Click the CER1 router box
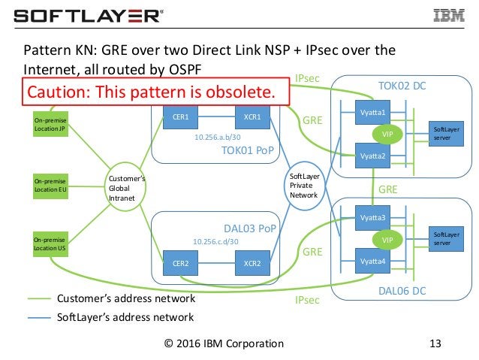click(180, 117)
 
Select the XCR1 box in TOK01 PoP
click(252, 117)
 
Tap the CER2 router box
click(180, 264)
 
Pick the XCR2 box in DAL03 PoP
click(252, 264)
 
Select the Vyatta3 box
click(372, 218)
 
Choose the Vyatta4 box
click(372, 261)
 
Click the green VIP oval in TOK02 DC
click(388, 133)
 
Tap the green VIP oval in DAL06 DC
click(388, 239)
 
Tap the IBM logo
click(450, 15)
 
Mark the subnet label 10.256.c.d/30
click(215, 241)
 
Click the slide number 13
click(432, 344)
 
